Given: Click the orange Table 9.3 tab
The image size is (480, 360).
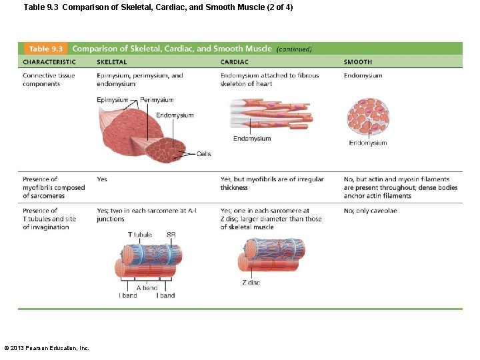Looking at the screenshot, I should (45, 49).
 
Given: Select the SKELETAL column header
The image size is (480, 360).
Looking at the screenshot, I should (111, 62).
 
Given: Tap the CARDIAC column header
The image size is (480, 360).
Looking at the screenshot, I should (234, 62).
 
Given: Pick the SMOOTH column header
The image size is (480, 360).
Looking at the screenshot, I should (358, 62).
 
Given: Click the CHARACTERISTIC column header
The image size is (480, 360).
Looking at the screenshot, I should (49, 62).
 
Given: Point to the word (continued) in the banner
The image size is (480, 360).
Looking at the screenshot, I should (294, 49).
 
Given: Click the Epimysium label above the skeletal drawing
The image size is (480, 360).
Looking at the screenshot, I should (112, 100).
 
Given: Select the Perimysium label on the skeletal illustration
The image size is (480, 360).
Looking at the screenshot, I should (157, 100).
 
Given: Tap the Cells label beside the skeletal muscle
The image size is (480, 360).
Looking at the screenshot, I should (203, 154).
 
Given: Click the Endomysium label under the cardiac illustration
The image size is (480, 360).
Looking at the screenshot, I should (252, 139).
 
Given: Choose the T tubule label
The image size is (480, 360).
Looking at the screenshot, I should (139, 235).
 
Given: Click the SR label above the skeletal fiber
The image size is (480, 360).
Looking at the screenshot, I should (171, 235).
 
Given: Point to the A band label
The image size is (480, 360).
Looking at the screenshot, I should (147, 288).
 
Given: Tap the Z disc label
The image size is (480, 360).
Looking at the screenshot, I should (251, 283).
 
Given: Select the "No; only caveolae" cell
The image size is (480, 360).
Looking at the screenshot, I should (370, 211).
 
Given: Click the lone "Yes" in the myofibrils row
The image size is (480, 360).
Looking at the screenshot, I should (102, 179).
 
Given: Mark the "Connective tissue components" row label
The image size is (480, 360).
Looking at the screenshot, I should (49, 80).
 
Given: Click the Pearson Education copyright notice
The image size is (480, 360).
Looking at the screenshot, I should (47, 347).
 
